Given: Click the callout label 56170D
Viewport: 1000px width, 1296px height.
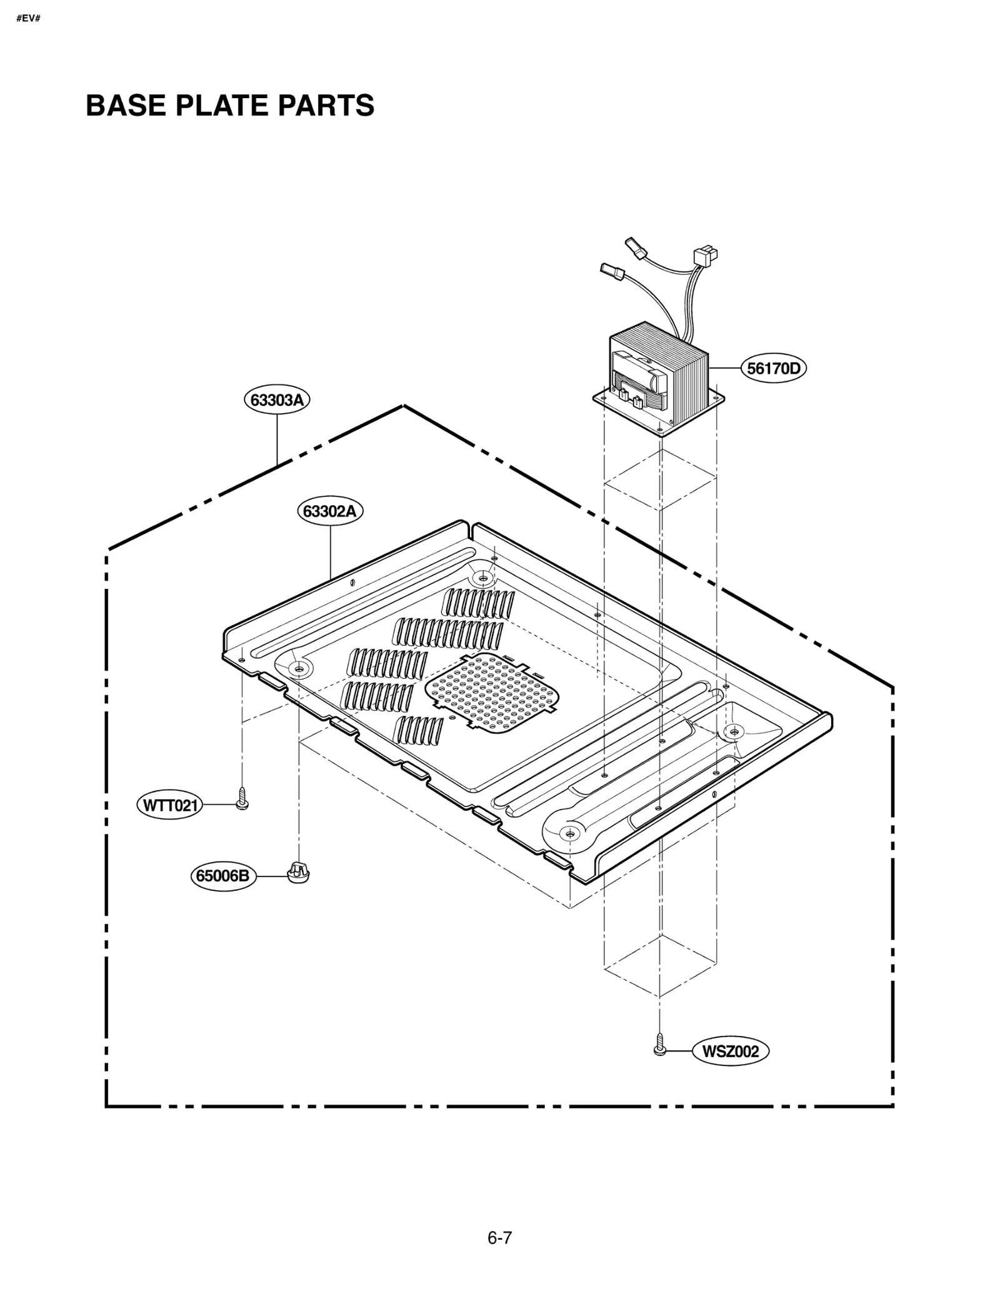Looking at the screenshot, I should point(774,368).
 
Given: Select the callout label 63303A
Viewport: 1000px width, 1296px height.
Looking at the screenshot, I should point(277,400).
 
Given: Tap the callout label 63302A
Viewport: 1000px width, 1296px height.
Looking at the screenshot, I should point(329,511).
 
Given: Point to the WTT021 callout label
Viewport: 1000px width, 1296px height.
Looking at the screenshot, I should point(170,805).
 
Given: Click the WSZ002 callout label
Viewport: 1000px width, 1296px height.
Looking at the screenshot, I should point(730,1051).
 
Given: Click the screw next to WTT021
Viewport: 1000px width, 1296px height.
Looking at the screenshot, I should point(242,799).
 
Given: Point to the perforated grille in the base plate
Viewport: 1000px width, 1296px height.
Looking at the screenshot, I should point(492,693).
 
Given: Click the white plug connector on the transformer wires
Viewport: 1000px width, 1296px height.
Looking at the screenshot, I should point(706,256).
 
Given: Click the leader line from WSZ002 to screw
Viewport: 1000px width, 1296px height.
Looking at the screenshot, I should point(679,1051).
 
